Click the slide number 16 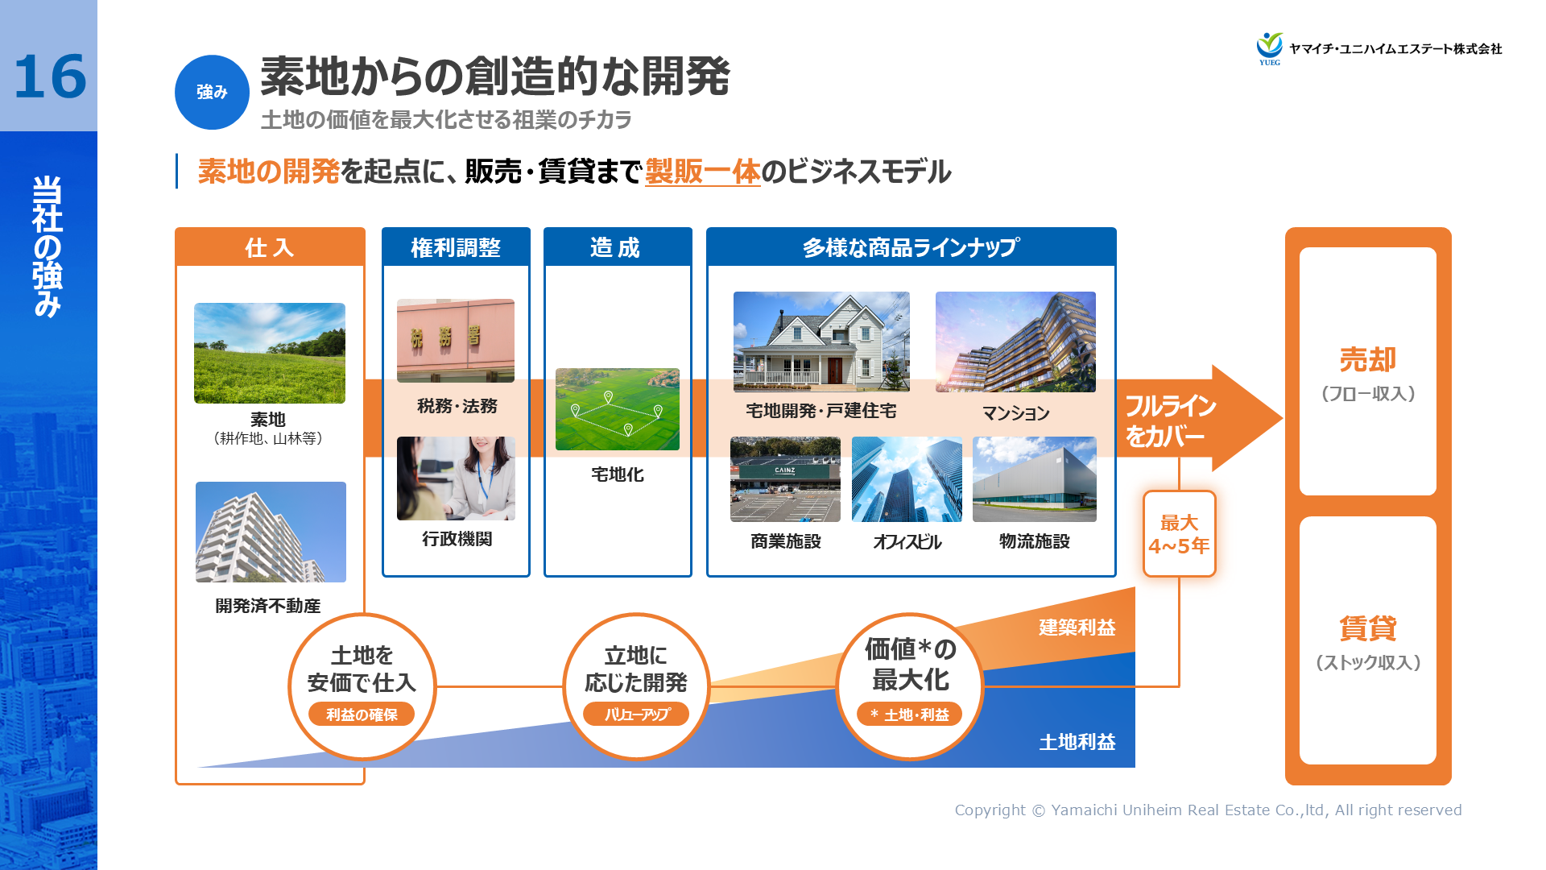pyautogui.click(x=50, y=77)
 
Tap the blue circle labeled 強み pyautogui.click(x=212, y=92)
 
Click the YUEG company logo pyautogui.click(x=1270, y=48)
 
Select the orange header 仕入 pyautogui.click(x=270, y=247)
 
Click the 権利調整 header pyautogui.click(x=456, y=247)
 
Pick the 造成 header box pyautogui.click(x=617, y=247)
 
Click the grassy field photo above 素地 pyautogui.click(x=270, y=353)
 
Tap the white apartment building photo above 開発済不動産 pyautogui.click(x=271, y=532)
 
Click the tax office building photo pyautogui.click(x=456, y=340)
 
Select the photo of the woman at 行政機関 pyautogui.click(x=456, y=478)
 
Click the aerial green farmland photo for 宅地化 pyautogui.click(x=618, y=409)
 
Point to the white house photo pyautogui.click(x=821, y=342)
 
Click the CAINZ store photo pyautogui.click(x=785, y=479)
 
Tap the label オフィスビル pyautogui.click(x=907, y=542)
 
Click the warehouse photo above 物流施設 pyautogui.click(x=1035, y=479)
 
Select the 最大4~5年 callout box pyautogui.click(x=1179, y=534)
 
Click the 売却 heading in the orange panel pyautogui.click(x=1367, y=359)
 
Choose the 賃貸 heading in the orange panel pyautogui.click(x=1367, y=628)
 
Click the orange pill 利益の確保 pyautogui.click(x=362, y=715)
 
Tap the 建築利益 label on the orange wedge pyautogui.click(x=1077, y=628)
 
